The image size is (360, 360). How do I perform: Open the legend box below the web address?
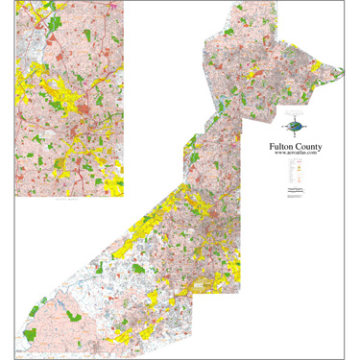coord(294,173)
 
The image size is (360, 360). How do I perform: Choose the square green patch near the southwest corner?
coord(29,334)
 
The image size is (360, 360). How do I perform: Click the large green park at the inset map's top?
coord(59,20)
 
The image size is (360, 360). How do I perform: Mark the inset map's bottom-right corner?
coord(123,196)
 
